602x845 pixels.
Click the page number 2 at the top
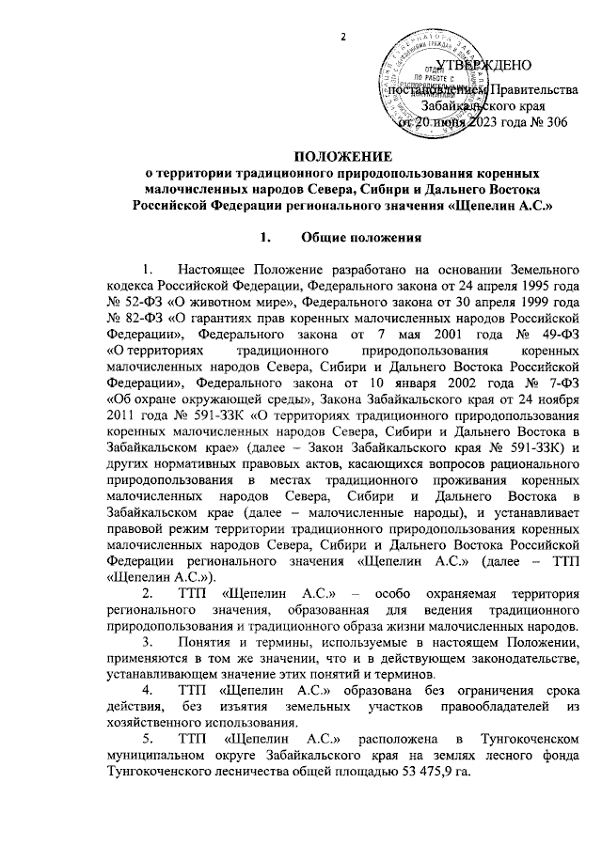[343, 37]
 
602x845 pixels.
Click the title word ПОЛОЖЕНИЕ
[342, 156]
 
